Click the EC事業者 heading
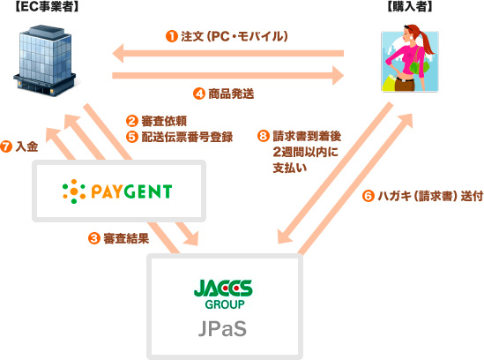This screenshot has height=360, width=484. coord(48,6)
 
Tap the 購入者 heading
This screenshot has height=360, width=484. coord(410,6)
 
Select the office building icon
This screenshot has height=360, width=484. coord(45,61)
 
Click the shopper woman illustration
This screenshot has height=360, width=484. coord(410,59)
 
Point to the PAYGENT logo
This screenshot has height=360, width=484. coord(117,191)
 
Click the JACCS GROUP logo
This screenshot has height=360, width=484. coord(223,294)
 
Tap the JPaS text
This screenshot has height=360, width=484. coord(222,329)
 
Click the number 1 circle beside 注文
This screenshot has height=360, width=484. coord(172,36)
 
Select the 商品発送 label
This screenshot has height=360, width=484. coord(231,94)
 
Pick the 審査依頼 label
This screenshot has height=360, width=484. coord(164,121)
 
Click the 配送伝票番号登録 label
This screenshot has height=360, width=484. coord(187,137)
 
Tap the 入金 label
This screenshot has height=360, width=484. coord(26,146)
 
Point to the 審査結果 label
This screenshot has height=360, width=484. coord(126,238)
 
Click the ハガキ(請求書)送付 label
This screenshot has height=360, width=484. coord(430,196)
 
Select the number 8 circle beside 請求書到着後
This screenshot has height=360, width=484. coord(264,136)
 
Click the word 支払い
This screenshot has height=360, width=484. coord(290,168)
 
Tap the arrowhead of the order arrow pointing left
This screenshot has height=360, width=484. coord(118,54)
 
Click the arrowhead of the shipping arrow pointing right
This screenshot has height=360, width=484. coord(339,75)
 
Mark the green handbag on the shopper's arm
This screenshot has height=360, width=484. coord(419,65)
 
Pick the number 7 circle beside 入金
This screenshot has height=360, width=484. coord(6,146)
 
